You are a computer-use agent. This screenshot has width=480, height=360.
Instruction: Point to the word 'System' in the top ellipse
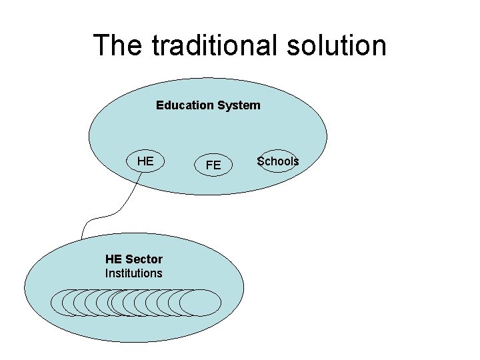point(238,105)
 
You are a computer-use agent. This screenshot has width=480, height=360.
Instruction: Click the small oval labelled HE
point(145,161)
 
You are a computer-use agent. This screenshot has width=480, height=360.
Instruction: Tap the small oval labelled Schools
point(278,161)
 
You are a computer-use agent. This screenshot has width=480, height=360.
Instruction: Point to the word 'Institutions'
point(133,273)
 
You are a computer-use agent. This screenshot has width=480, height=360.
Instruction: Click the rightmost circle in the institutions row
point(201,303)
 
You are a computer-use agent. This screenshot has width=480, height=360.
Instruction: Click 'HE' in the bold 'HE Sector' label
point(113,259)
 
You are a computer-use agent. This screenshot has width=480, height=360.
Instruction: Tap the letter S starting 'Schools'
point(261,161)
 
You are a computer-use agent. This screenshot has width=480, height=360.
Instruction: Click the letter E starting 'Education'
point(159,105)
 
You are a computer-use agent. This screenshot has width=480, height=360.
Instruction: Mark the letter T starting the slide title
point(100,45)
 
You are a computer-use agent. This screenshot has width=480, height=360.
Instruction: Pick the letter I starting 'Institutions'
point(107,273)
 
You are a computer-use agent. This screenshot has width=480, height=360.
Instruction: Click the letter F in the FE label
point(209,165)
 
